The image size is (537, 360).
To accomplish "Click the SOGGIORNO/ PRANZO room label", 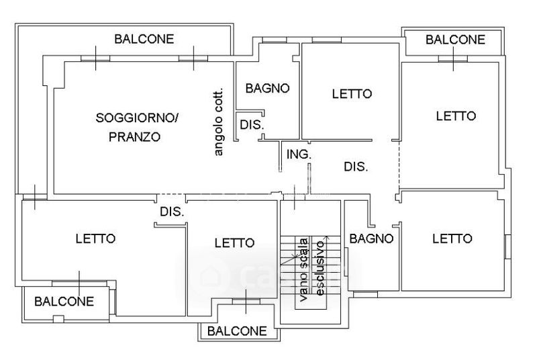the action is coord(137,127).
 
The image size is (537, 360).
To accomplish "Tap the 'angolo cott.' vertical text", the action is coord(218,122).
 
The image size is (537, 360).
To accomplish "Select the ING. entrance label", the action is coord(299,154).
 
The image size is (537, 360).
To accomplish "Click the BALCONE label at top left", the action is coord(144,39).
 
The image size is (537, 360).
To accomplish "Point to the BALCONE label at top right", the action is coord(455,40).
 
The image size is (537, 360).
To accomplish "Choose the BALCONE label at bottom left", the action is coord(64,302).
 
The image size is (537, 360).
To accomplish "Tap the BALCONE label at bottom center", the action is coord(237,331).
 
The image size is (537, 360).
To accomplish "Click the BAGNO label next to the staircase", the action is coord(371,238).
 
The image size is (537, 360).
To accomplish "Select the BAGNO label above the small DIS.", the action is coord(267,89).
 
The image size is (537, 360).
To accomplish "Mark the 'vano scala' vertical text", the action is coord(303,270).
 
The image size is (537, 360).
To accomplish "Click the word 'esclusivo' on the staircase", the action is coord(320,268).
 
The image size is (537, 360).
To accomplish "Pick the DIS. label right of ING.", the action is coord(356,167).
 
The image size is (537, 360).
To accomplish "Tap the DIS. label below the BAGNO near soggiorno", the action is coord(252,125).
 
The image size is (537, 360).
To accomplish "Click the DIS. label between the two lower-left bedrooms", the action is coord(172,212).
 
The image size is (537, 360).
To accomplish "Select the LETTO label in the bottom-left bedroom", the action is coord(95,238).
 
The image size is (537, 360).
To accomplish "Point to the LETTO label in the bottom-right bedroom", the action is coord(452,238).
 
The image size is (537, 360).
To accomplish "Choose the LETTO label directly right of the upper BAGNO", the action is coord(352,94).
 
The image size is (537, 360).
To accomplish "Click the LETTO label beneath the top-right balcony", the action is coord(456,116).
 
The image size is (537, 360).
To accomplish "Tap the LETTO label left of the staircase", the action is coord(234,243).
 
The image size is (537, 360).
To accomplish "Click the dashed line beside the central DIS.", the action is coord(399,165).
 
